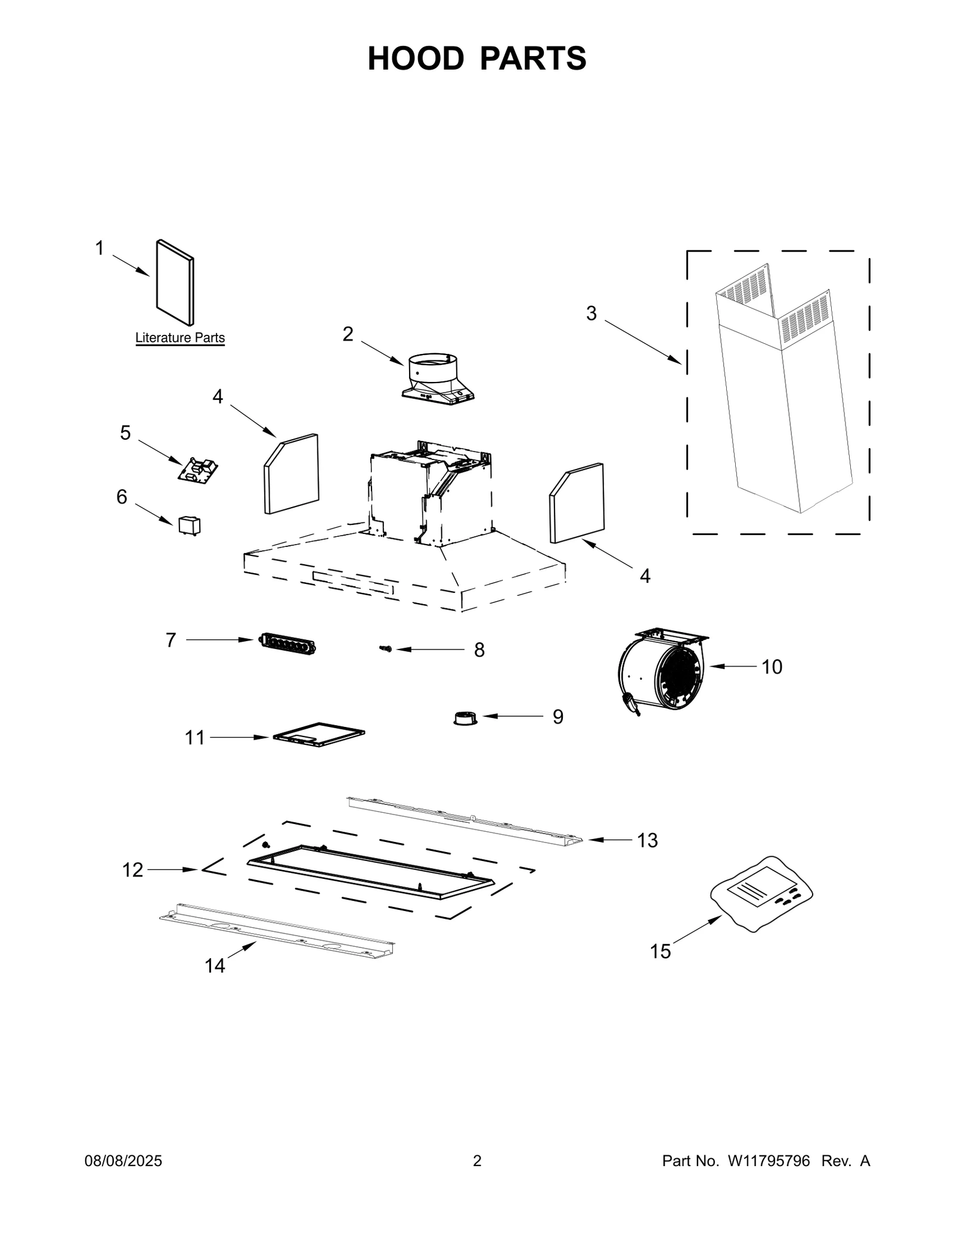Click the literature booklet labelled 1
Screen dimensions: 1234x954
point(175,283)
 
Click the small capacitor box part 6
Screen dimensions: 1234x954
point(190,526)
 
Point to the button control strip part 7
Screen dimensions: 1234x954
point(287,644)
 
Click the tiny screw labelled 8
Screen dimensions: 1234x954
point(386,648)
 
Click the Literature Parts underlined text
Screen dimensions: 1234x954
point(180,338)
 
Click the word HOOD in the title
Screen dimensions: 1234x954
point(416,59)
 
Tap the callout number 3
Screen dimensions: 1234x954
point(591,313)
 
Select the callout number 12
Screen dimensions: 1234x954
point(132,870)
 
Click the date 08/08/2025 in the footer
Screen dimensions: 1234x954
point(123,1161)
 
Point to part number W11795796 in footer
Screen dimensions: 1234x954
point(768,1161)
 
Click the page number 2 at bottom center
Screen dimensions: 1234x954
point(477,1161)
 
